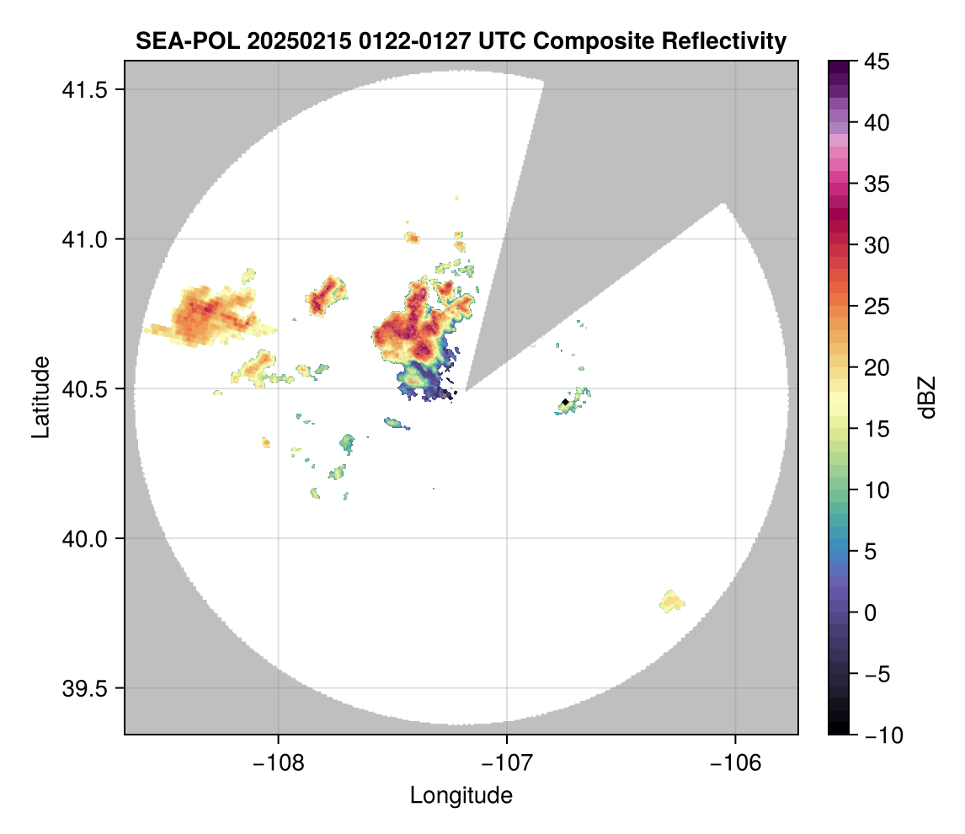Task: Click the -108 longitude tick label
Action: (278, 762)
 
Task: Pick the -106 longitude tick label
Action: (736, 762)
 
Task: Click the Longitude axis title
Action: (461, 794)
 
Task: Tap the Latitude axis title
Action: (40, 396)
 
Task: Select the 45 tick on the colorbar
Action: (877, 61)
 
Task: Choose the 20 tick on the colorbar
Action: (877, 367)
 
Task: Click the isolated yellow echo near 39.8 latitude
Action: (672, 601)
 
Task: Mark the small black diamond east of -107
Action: (564, 402)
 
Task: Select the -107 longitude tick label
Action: (507, 762)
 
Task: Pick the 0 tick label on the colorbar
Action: (872, 612)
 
